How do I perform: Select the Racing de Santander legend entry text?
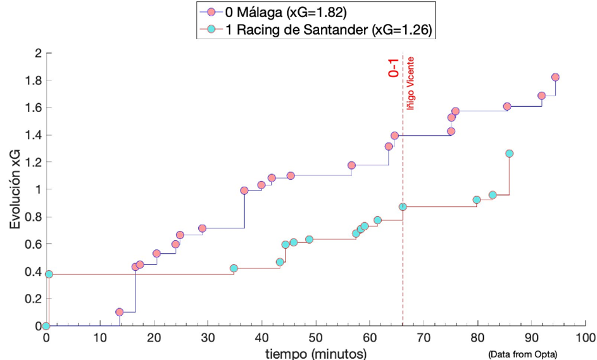click(329, 29)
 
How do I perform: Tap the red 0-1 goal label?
click(394, 66)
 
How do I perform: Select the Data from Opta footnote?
click(522, 352)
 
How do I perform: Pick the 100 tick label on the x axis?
click(585, 337)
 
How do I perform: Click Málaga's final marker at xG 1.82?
click(555, 77)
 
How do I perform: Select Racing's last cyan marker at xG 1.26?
click(509, 154)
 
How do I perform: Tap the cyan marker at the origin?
click(46, 326)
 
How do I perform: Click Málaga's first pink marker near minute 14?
click(119, 312)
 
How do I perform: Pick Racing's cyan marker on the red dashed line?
click(403, 207)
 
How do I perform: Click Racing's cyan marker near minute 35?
click(234, 268)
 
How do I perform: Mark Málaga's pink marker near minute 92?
click(541, 96)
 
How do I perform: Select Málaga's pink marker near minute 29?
click(202, 228)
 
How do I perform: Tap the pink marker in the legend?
click(212, 11)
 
